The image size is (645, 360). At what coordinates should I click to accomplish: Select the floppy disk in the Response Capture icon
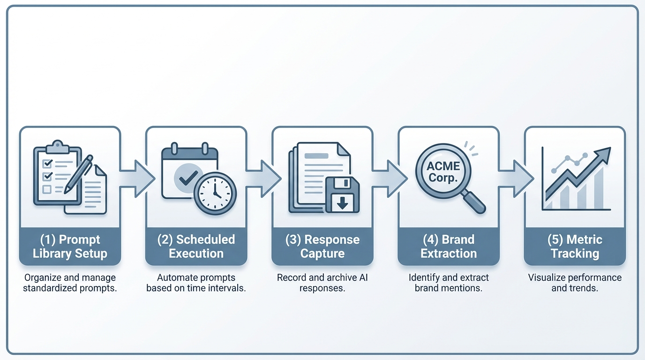pyautogui.click(x=343, y=195)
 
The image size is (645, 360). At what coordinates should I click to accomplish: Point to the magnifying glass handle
pyautogui.click(x=474, y=202)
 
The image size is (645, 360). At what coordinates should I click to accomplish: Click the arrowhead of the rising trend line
pyautogui.click(x=604, y=153)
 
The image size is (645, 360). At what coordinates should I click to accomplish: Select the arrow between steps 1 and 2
pyautogui.click(x=137, y=178)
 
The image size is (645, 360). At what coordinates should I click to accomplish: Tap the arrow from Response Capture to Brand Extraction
pyautogui.click(x=390, y=178)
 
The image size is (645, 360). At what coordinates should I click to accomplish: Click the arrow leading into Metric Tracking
pyautogui.click(x=516, y=178)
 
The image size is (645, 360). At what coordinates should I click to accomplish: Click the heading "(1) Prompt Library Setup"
pyautogui.click(x=70, y=247)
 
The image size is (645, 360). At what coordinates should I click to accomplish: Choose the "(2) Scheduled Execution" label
pyautogui.click(x=196, y=247)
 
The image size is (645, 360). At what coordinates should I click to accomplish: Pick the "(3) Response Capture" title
pyautogui.click(x=322, y=247)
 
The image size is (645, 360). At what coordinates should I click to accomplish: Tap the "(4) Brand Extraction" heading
pyautogui.click(x=449, y=247)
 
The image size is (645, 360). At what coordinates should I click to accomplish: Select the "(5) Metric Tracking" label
pyautogui.click(x=575, y=247)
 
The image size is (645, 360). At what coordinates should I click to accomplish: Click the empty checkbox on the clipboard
pyautogui.click(x=47, y=189)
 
